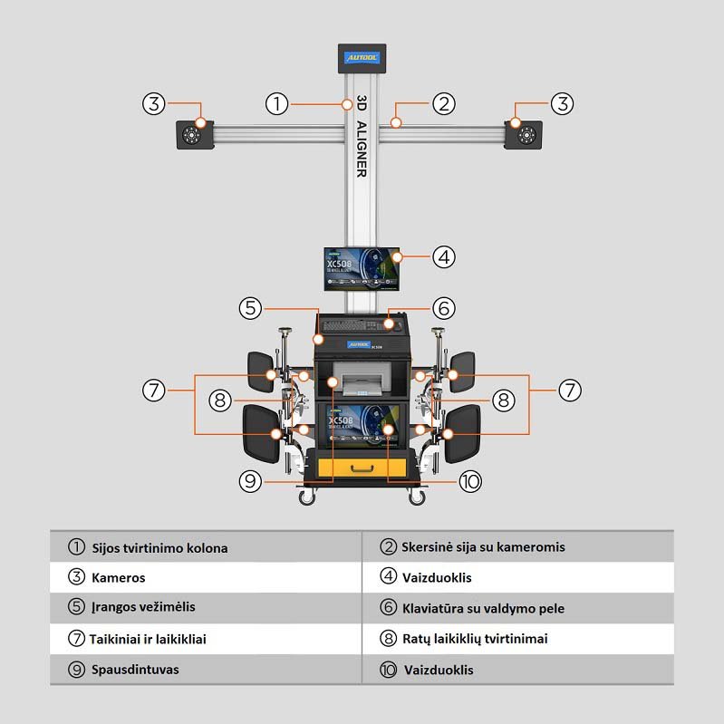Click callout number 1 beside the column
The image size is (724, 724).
click(277, 103)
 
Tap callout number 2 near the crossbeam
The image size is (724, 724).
click(443, 103)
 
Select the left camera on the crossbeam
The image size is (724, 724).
click(192, 136)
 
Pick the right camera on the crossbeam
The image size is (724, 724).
click(525, 136)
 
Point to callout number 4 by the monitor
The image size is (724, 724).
click(443, 256)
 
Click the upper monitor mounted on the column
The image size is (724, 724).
click(362, 269)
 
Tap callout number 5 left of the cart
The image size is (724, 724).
click(252, 308)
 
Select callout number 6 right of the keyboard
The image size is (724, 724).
click(443, 308)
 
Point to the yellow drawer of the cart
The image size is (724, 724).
click(362, 468)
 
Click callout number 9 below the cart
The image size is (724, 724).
click(252, 481)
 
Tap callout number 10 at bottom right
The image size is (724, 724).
click(469, 481)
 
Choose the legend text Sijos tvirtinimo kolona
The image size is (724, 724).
click(159, 548)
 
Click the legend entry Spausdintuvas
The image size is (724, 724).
click(135, 671)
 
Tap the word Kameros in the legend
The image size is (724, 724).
click(118, 578)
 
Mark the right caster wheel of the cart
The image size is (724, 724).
click(417, 497)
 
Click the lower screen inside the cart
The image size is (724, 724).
click(362, 424)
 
